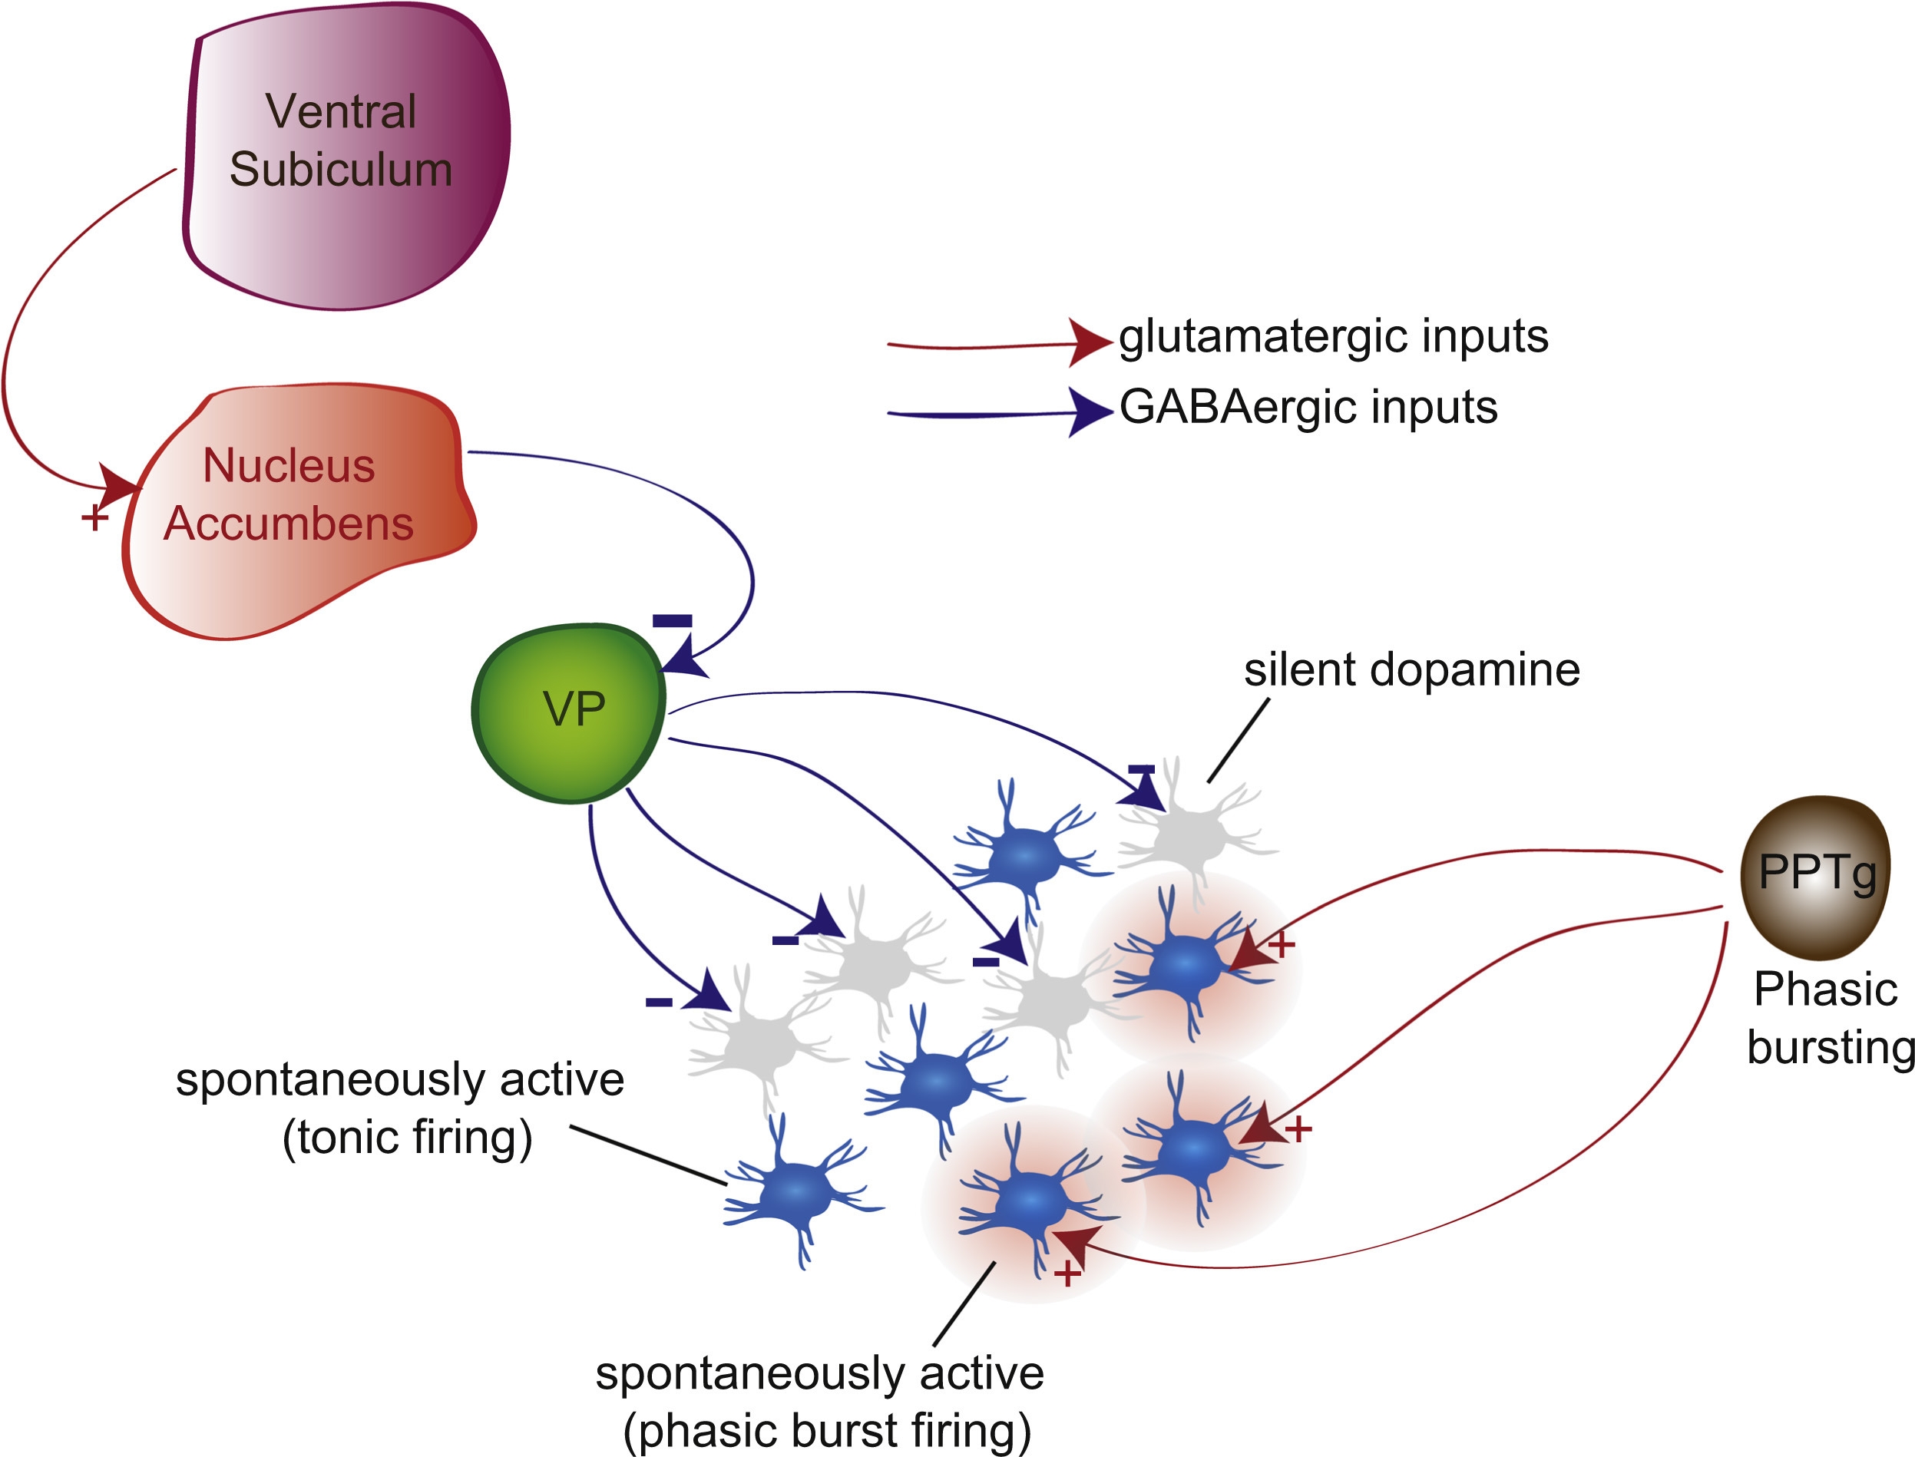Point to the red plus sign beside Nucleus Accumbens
point(94,519)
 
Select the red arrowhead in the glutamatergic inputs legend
point(1089,342)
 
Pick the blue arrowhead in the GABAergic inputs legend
point(1089,412)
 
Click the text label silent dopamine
point(1411,670)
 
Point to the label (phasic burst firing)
point(826,1431)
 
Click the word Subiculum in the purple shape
point(340,169)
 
